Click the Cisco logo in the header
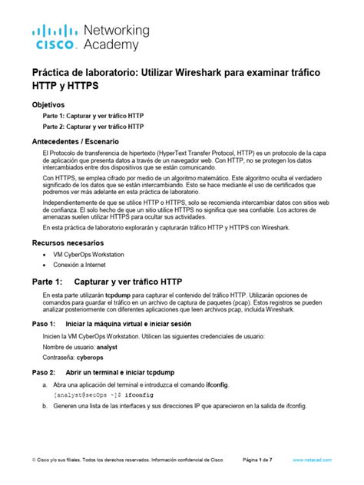[54, 36]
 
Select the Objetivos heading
[48, 104]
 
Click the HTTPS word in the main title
[71, 86]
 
